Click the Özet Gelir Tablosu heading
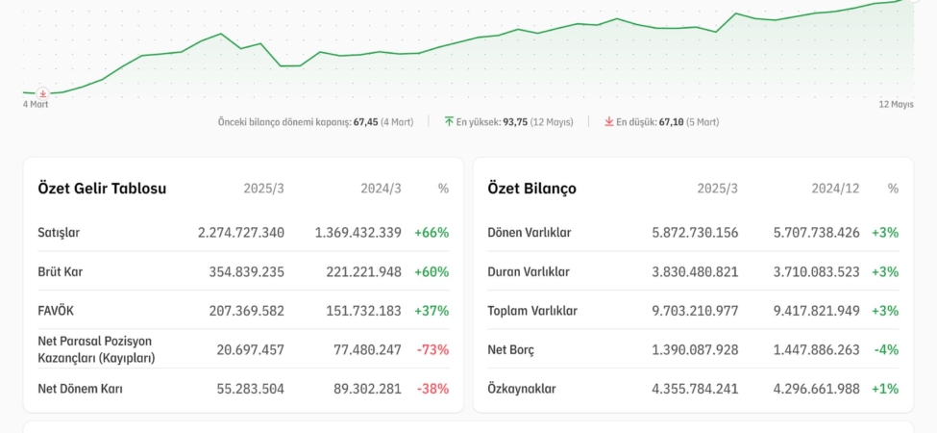tap(102, 189)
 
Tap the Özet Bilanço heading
tap(531, 189)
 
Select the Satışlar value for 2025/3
tap(241, 233)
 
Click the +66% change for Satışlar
tap(432, 233)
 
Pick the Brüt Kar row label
tap(61, 272)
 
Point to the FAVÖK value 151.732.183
tap(358, 311)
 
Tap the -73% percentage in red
tap(432, 349)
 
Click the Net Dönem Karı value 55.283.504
tap(247, 389)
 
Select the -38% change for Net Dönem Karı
tap(432, 389)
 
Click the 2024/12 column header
tap(834, 189)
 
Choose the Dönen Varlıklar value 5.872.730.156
tap(695, 233)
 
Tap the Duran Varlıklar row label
tap(529, 272)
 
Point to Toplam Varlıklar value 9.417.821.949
tap(817, 311)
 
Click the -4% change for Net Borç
tap(886, 349)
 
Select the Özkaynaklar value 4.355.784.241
tap(695, 389)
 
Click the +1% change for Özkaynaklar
tap(885, 389)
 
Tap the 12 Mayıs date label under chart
tap(896, 104)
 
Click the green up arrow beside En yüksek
tap(449, 122)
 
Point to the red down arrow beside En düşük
tap(609, 122)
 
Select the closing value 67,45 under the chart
tap(365, 122)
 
